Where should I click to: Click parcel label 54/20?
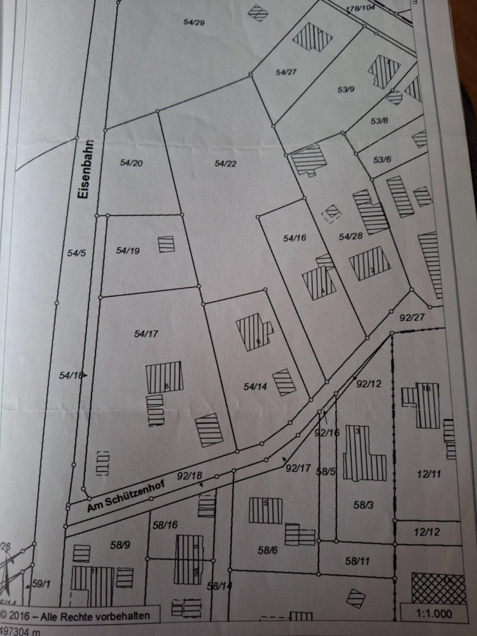(131, 163)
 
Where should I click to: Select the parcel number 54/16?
(295, 238)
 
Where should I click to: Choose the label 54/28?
(350, 237)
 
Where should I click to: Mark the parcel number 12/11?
(430, 473)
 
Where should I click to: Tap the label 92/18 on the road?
(191, 475)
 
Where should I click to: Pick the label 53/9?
(347, 90)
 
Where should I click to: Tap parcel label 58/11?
(357, 561)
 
